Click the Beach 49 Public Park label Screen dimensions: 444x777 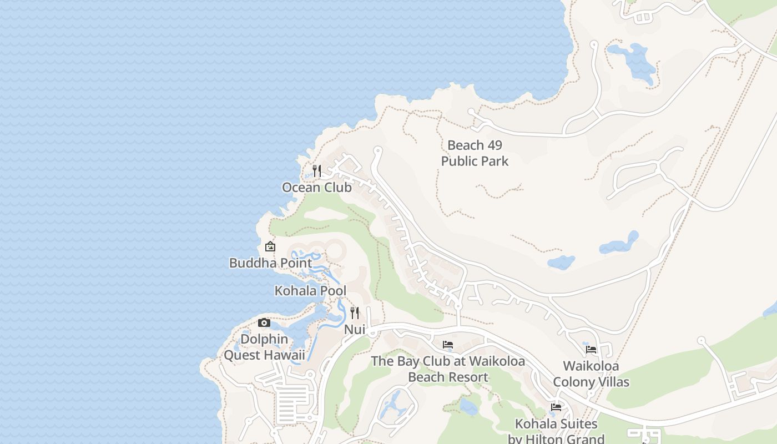475,153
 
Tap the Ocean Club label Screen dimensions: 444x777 316,188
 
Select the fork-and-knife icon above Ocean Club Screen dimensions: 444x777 317,170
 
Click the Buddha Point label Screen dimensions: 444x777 270,263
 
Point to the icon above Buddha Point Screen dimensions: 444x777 270,246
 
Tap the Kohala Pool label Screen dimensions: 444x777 310,291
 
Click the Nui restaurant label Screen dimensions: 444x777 355,330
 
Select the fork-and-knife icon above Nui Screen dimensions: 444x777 355,313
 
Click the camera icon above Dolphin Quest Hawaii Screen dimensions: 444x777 264,322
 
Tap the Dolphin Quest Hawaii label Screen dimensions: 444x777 264,347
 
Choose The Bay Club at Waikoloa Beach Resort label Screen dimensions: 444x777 448,369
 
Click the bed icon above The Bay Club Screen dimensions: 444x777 448,345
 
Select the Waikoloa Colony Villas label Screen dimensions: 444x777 591,374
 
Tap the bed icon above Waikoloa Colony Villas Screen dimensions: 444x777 591,350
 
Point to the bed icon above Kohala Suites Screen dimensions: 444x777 556,407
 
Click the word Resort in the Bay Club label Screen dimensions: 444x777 469,377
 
